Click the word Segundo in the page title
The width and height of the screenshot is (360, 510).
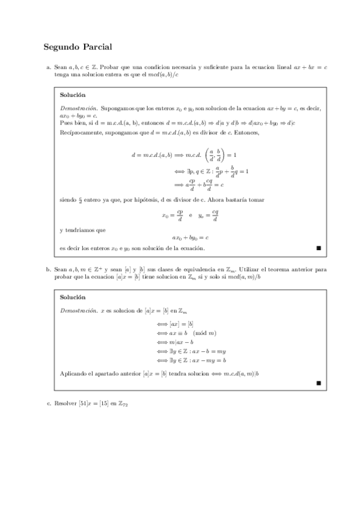(x=63, y=46)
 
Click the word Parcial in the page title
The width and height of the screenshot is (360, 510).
(x=98, y=46)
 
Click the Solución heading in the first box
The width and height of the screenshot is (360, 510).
(x=73, y=94)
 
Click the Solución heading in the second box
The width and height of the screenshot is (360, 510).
(x=73, y=296)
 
